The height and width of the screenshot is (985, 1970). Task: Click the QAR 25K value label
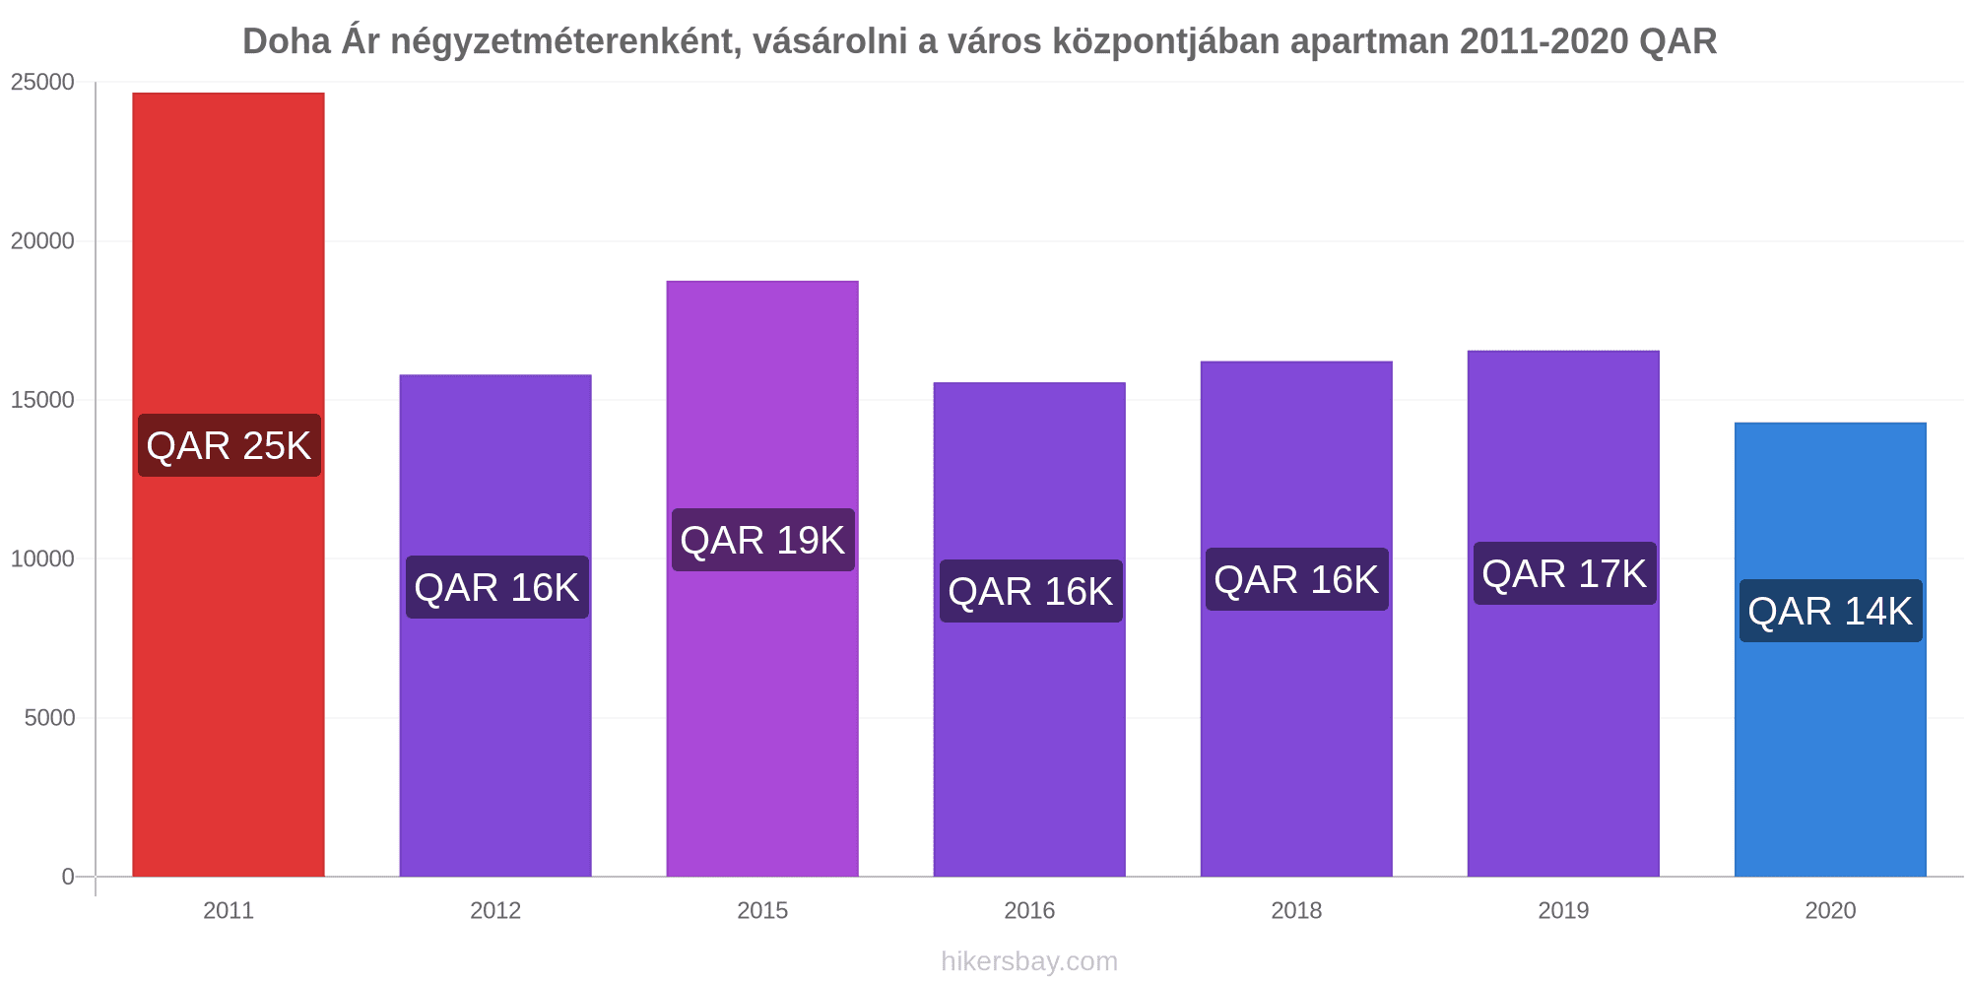229,445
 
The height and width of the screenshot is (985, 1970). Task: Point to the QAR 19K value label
762,540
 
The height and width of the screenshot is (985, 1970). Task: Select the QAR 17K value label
1563,573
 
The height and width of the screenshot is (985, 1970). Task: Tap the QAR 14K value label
1829,611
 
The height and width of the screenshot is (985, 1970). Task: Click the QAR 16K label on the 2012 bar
496,587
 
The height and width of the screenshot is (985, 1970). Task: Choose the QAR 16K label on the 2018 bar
1296,579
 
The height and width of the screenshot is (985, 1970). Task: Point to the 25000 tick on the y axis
43,83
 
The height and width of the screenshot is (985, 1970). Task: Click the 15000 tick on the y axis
43,400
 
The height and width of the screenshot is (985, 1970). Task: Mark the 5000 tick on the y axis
49,718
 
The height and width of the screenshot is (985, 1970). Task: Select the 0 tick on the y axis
68,877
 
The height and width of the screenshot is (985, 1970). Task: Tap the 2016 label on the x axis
1029,910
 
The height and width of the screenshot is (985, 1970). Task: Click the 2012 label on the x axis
495,910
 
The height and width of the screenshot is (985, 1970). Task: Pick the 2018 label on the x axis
1296,910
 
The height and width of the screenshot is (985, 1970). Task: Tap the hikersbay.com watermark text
1029,961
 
